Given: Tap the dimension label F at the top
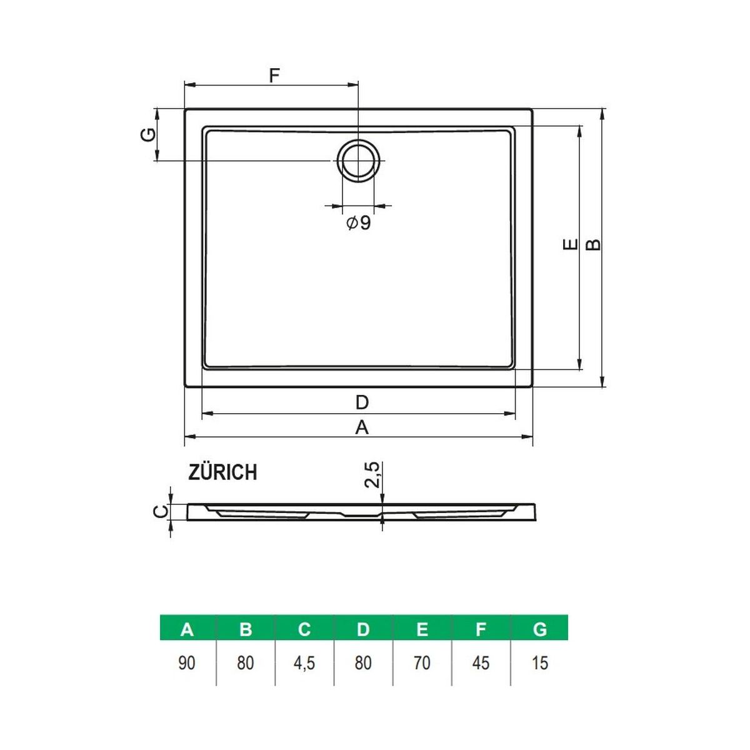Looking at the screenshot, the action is pyautogui.click(x=274, y=75).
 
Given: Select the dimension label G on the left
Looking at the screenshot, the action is pyautogui.click(x=148, y=134).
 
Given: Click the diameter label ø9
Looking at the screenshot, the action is pyautogui.click(x=359, y=222).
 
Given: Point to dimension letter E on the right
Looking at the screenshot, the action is pyautogui.click(x=570, y=244).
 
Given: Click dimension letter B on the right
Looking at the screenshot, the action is pyautogui.click(x=593, y=244).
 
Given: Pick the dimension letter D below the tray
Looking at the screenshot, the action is pyautogui.click(x=362, y=402).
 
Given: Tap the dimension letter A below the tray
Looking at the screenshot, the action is pyautogui.click(x=362, y=427).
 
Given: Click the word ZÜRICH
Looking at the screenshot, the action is pyautogui.click(x=222, y=472).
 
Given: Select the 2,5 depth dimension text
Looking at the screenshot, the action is pyautogui.click(x=372, y=475).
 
